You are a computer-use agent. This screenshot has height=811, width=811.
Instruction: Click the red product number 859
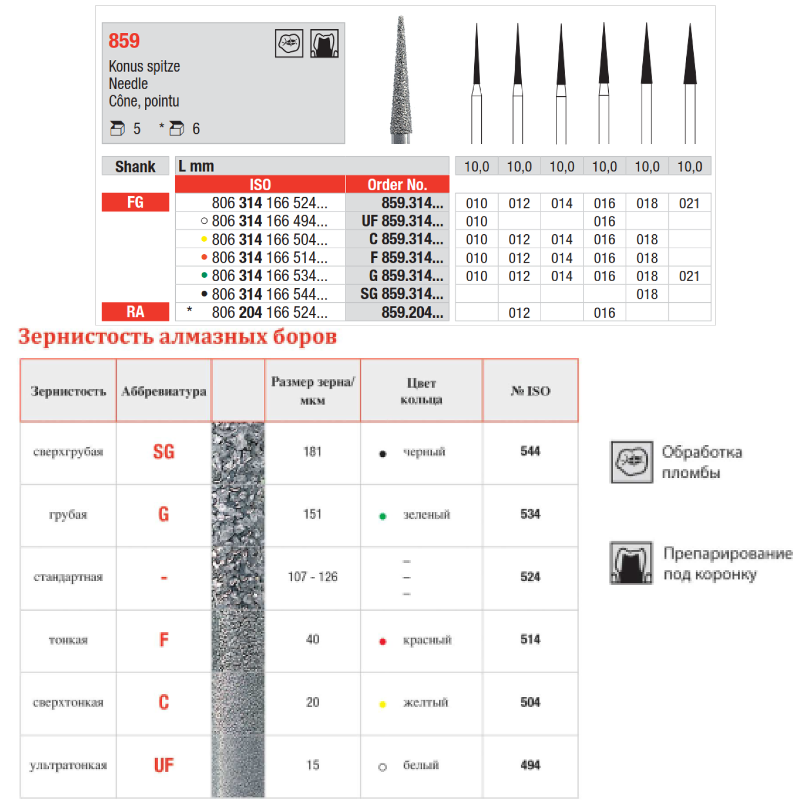click(124, 41)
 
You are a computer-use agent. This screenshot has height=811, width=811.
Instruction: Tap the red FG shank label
click(135, 203)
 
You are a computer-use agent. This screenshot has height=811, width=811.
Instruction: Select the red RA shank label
click(135, 312)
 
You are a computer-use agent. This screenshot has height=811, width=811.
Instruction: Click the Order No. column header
click(397, 185)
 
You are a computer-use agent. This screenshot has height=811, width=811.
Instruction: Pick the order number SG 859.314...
click(402, 294)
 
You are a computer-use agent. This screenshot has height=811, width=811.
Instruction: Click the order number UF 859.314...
click(402, 221)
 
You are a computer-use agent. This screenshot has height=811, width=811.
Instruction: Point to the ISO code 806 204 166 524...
click(269, 313)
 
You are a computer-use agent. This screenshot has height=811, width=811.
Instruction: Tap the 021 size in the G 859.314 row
click(689, 276)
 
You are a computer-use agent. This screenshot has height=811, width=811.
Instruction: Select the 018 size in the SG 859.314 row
click(647, 295)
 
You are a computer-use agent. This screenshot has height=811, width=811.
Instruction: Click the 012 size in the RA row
click(519, 313)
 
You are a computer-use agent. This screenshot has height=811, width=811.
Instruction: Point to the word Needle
click(128, 84)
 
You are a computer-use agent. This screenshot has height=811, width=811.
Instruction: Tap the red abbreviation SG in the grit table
click(164, 452)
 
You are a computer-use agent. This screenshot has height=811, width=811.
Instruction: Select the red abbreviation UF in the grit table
click(164, 766)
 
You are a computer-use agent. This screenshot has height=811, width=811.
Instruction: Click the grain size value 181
click(313, 452)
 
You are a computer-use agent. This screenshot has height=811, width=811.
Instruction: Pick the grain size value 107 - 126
click(313, 577)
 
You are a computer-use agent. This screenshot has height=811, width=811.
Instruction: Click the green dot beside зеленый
click(383, 516)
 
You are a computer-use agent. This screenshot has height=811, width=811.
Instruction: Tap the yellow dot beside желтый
click(383, 704)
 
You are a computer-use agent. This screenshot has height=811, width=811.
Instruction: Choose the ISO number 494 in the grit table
click(530, 765)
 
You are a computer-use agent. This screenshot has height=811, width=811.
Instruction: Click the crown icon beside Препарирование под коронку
click(631, 563)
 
